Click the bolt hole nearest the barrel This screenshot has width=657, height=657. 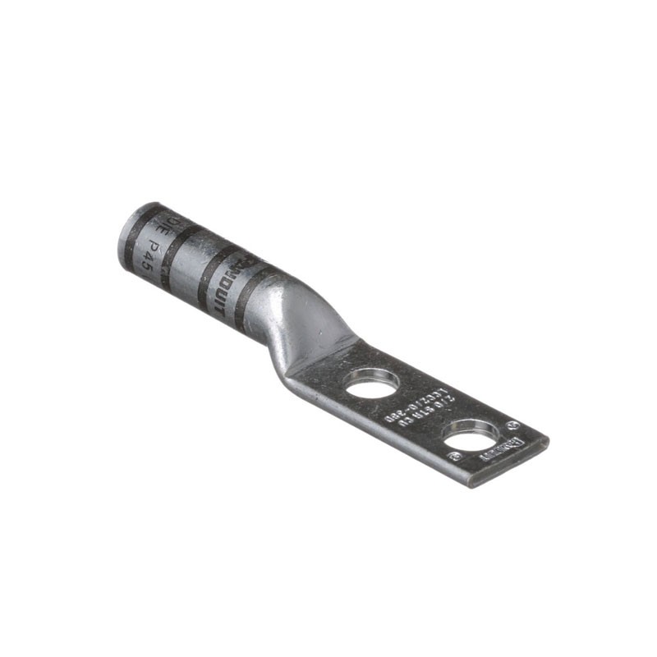[x=372, y=384]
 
